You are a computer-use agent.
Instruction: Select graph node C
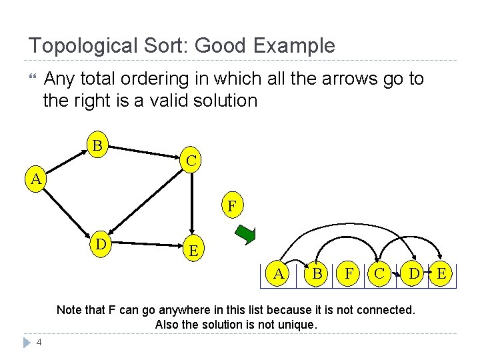191,161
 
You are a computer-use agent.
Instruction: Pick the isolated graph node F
231,207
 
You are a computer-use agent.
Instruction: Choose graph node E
193,251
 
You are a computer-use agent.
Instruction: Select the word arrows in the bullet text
343,79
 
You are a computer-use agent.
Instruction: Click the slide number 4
40,343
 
